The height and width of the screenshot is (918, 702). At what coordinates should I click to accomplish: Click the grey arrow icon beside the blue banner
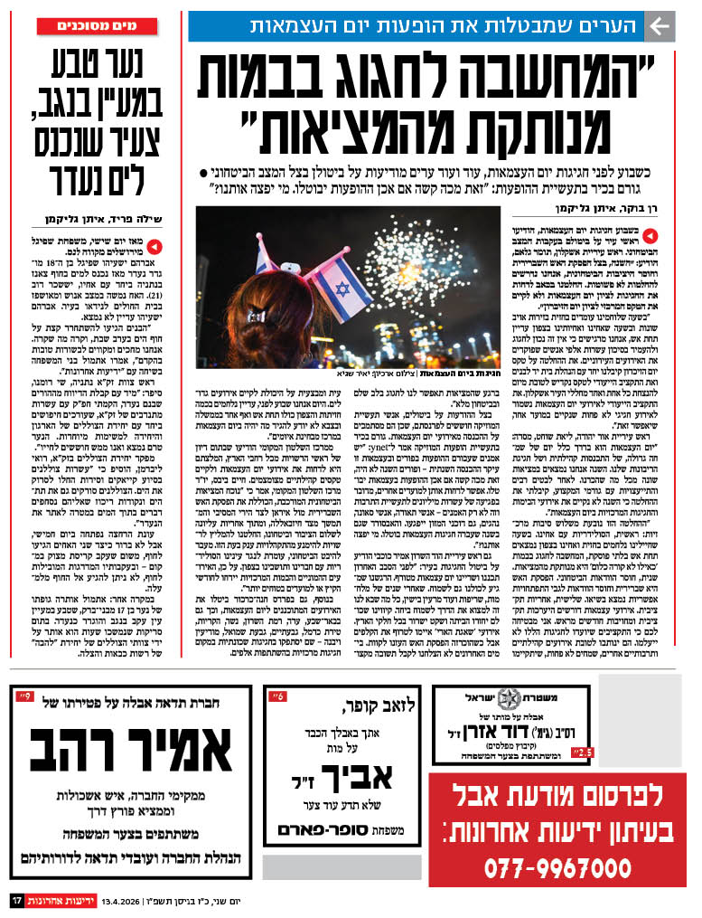661,27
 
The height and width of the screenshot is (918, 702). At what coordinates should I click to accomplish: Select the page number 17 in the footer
17,901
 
